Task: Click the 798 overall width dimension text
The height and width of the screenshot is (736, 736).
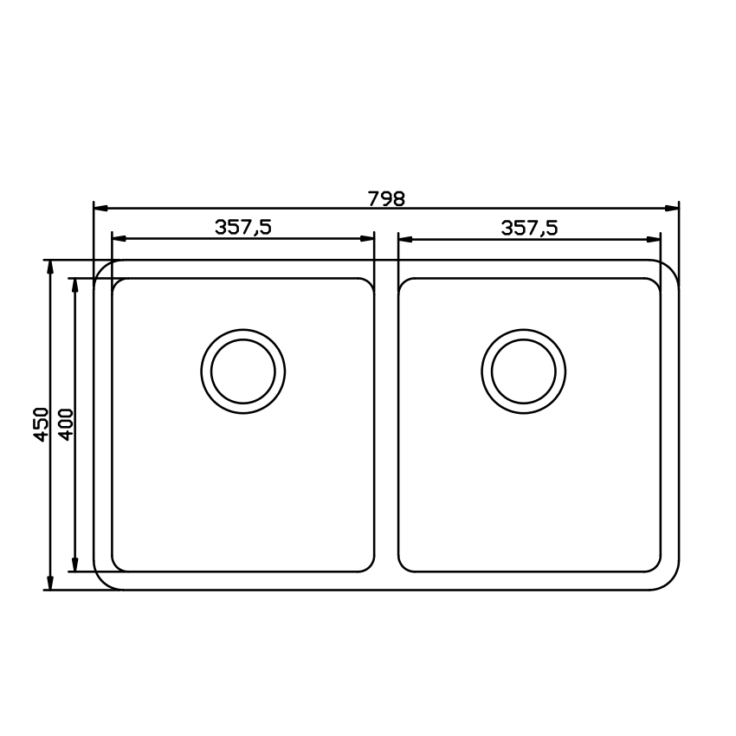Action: pos(386,198)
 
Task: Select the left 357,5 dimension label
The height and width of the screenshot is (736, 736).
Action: pos(243,228)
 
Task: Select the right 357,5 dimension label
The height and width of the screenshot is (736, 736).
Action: pos(529,228)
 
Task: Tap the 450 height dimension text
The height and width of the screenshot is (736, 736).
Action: pos(40,424)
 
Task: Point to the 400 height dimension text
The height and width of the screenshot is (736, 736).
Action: pos(66,424)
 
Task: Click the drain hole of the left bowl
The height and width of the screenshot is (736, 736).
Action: pos(243,371)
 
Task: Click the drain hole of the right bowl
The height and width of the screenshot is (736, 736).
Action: pos(524,371)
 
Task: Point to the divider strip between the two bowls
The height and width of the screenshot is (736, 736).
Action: pos(386,424)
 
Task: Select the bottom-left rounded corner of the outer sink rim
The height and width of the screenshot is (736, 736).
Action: pos(103,580)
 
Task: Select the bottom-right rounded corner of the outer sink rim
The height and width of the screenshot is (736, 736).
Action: pos(669,580)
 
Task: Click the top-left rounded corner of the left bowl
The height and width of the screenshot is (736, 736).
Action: pos(117,283)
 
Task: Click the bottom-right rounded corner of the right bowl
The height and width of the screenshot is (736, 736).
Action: pos(655,566)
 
